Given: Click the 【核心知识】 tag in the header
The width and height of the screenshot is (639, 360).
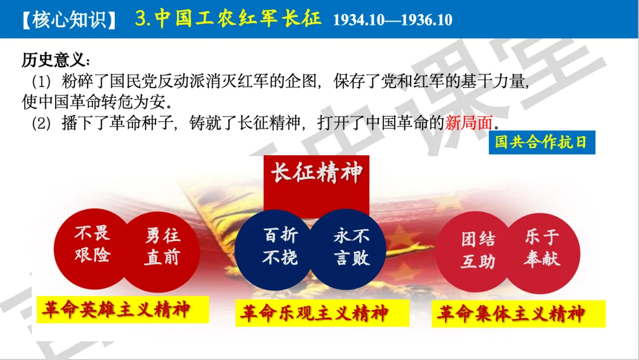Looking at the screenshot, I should click(66, 18).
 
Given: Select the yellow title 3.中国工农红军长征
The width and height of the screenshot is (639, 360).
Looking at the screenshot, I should click(228, 18).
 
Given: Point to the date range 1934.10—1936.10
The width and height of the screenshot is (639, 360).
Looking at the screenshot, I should click(392, 20).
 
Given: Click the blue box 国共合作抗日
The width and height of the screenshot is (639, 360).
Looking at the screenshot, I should click(541, 143).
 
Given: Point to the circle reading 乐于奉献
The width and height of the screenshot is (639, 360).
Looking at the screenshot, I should click(541, 249).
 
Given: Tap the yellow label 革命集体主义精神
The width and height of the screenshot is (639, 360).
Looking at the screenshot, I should click(511, 313).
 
